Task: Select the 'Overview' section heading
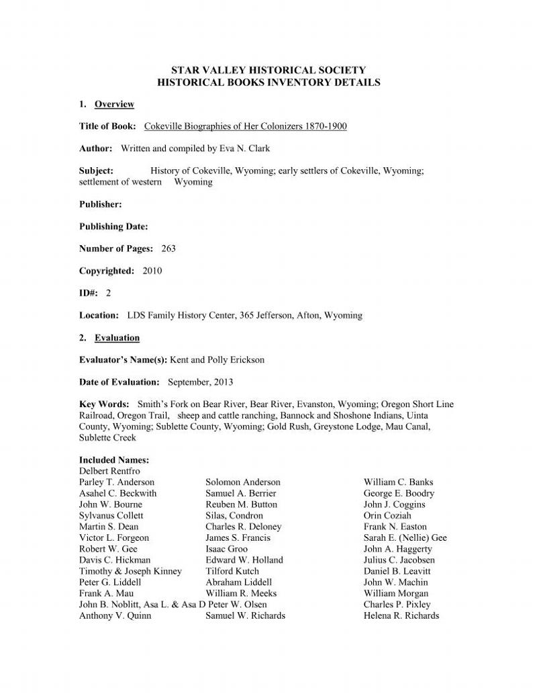[114, 104]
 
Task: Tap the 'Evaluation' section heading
[117, 337]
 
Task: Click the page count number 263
[168, 249]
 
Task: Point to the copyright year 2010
[152, 271]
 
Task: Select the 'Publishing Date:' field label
[113, 226]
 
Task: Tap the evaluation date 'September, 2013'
[200, 382]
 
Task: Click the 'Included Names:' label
[114, 460]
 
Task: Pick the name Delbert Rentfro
[109, 471]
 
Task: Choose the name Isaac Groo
[226, 549]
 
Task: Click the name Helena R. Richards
[401, 615]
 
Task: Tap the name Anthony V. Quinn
[115, 615]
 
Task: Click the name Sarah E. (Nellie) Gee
[405, 537]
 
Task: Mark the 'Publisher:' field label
[101, 204]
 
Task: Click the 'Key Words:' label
[104, 404]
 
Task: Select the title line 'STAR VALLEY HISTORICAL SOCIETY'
[268, 70]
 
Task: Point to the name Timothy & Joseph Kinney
[130, 571]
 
